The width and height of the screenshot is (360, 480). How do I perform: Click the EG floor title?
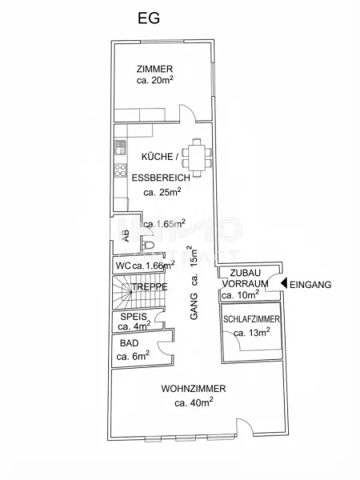click(x=149, y=18)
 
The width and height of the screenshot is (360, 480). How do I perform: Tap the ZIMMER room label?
click(x=154, y=69)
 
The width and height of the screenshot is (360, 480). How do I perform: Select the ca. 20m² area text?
click(x=155, y=80)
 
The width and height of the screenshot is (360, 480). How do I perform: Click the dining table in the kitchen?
click(x=196, y=158)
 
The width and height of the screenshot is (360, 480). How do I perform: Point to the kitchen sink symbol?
click(x=120, y=147)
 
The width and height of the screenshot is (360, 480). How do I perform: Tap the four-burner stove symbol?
click(x=120, y=170)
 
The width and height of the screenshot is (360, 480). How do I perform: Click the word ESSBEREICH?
click(x=161, y=178)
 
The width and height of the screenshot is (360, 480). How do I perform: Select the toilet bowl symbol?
click(x=149, y=245)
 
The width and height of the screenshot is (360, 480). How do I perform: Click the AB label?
click(x=126, y=236)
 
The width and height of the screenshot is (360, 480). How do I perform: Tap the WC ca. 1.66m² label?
click(x=145, y=265)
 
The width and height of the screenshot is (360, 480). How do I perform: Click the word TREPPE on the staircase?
click(x=150, y=287)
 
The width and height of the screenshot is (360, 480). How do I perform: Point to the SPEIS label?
click(x=134, y=316)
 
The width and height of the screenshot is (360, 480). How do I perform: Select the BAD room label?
click(x=129, y=343)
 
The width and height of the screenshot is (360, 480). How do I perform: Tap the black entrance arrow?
click(x=284, y=283)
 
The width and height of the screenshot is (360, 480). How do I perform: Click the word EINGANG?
click(x=310, y=285)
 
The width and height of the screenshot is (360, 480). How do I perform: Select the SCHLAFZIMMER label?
click(x=251, y=319)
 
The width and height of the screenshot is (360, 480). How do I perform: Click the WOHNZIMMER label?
click(x=194, y=389)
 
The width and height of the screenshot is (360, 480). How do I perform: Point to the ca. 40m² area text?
click(x=194, y=402)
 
